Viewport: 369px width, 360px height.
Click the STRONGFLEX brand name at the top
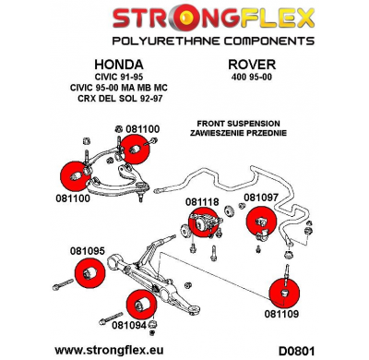(x=184, y=19)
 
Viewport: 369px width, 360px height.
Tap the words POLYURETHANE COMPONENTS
(x=184, y=42)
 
